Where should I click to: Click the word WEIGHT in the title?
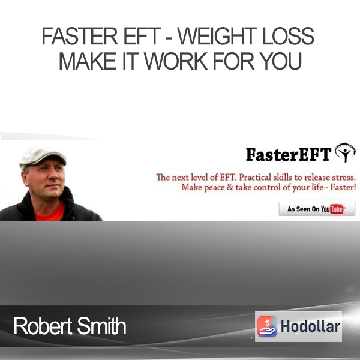coord(217,36)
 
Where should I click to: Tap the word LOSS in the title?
coord(288,36)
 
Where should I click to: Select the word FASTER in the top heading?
coord(79,36)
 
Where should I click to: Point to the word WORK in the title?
coord(176,61)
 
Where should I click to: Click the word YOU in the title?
coord(281,61)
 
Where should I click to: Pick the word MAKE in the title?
coord(88,61)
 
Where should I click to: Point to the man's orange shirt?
coord(50,212)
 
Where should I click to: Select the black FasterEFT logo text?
coord(289,155)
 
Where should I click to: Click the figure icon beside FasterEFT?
coord(345,152)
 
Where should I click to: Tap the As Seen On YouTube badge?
coord(317,209)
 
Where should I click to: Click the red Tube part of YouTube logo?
coord(337,209)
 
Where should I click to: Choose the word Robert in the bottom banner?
coord(43,326)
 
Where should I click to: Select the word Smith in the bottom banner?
coord(101,326)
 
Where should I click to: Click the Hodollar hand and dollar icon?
coord(267,326)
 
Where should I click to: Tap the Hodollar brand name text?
coord(310,326)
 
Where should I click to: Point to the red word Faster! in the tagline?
coord(343,187)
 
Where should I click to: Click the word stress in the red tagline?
coord(344,178)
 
